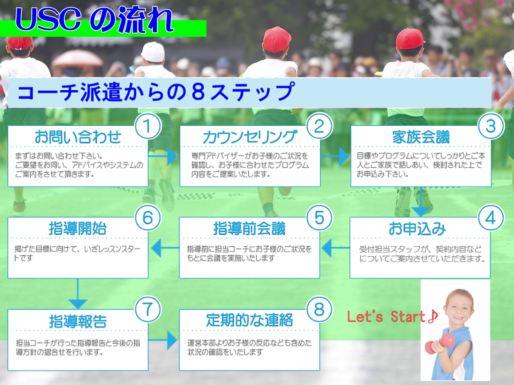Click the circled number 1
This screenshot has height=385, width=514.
pyautogui.click(x=148, y=126)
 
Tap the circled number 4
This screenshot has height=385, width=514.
pyautogui.click(x=491, y=217)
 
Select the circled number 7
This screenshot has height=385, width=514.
pyautogui.click(x=148, y=309)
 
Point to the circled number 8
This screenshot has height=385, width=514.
pyautogui.click(x=319, y=309)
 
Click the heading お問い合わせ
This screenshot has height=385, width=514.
pyautogui.click(x=78, y=137)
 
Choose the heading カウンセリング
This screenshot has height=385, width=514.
pyautogui.click(x=250, y=137)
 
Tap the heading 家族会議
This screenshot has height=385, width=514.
pyautogui.click(x=421, y=137)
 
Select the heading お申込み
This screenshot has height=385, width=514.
pyautogui.click(x=417, y=229)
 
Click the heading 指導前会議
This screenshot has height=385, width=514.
pyautogui.click(x=249, y=229)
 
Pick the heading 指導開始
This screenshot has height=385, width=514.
pyautogui.click(x=78, y=229)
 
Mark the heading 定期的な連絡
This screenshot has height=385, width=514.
pyautogui.click(x=250, y=320)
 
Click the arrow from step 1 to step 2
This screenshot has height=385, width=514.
pyautogui.click(x=163, y=156)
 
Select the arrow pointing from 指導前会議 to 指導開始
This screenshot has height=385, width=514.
pyautogui.click(x=165, y=248)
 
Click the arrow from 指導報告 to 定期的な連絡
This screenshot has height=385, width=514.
pyautogui.click(x=163, y=340)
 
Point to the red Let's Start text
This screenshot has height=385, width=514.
pyautogui.click(x=392, y=317)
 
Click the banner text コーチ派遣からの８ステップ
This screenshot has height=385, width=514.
pyautogui.click(x=156, y=92)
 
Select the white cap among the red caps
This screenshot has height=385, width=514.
pyautogui.click(x=153, y=52)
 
